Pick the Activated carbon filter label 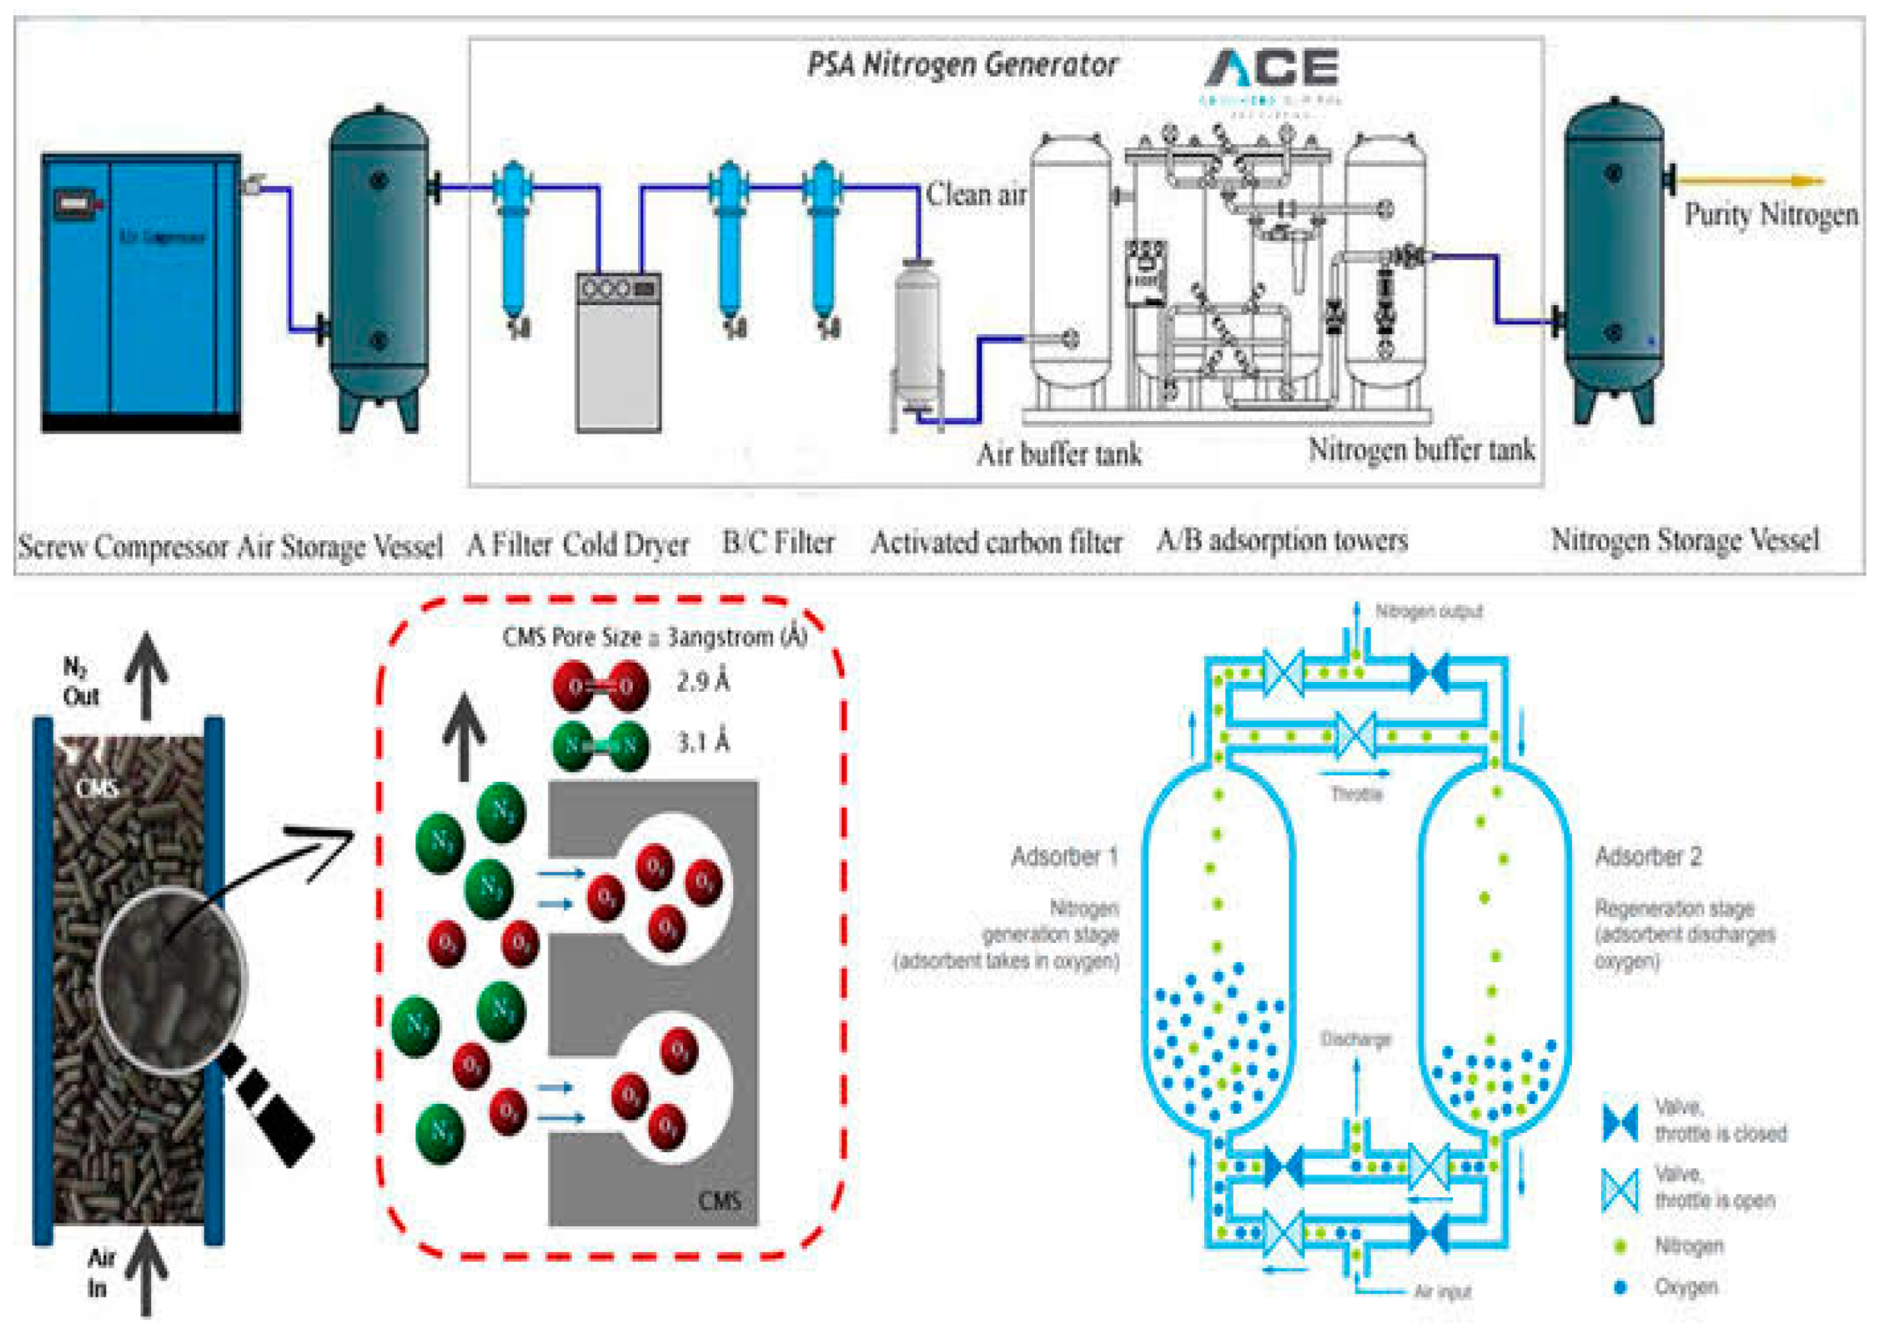pos(996,543)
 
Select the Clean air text pos(977,194)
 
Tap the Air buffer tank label pos(1058,454)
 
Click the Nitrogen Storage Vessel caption pos(1684,540)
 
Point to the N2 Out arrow pos(147,674)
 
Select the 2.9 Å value pos(702,682)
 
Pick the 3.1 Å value pos(702,741)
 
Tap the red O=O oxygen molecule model pos(600,686)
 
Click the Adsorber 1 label pos(1063,856)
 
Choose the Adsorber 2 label pos(1648,856)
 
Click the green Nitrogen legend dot pos(1620,1246)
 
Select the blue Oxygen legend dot pos(1620,1287)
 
